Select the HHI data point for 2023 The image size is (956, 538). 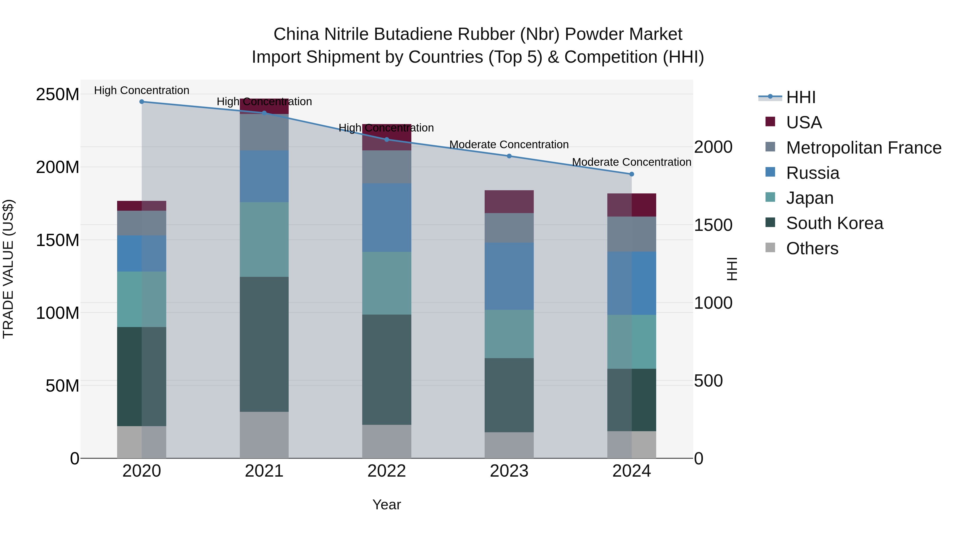pos(509,156)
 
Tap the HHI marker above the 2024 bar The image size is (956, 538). pos(632,174)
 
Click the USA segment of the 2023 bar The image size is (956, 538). pos(509,202)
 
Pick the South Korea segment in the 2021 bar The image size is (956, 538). pos(264,344)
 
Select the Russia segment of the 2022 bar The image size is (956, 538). pos(387,218)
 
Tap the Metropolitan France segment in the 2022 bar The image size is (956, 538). pos(387,167)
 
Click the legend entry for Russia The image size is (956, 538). pos(813,173)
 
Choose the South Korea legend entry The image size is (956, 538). pos(834,223)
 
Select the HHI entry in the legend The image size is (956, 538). pos(801,97)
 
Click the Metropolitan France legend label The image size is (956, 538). pos(864,148)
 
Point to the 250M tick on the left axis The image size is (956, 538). pos(58,95)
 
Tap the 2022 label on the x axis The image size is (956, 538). pos(387,471)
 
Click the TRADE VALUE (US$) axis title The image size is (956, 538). pos(8,269)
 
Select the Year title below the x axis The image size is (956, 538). pos(387,505)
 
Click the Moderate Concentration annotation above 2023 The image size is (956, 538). pos(509,145)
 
